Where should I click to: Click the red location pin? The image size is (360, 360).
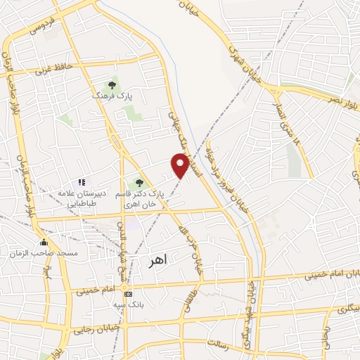[x=181, y=165]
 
